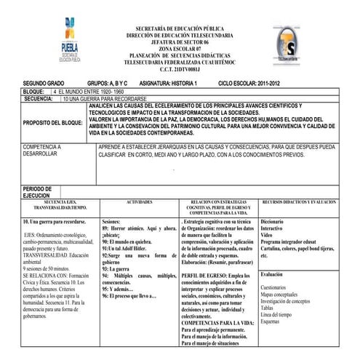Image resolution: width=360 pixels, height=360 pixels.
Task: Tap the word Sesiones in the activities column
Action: [x=111, y=220]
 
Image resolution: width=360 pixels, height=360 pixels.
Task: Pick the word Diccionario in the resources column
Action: [x=273, y=220]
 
